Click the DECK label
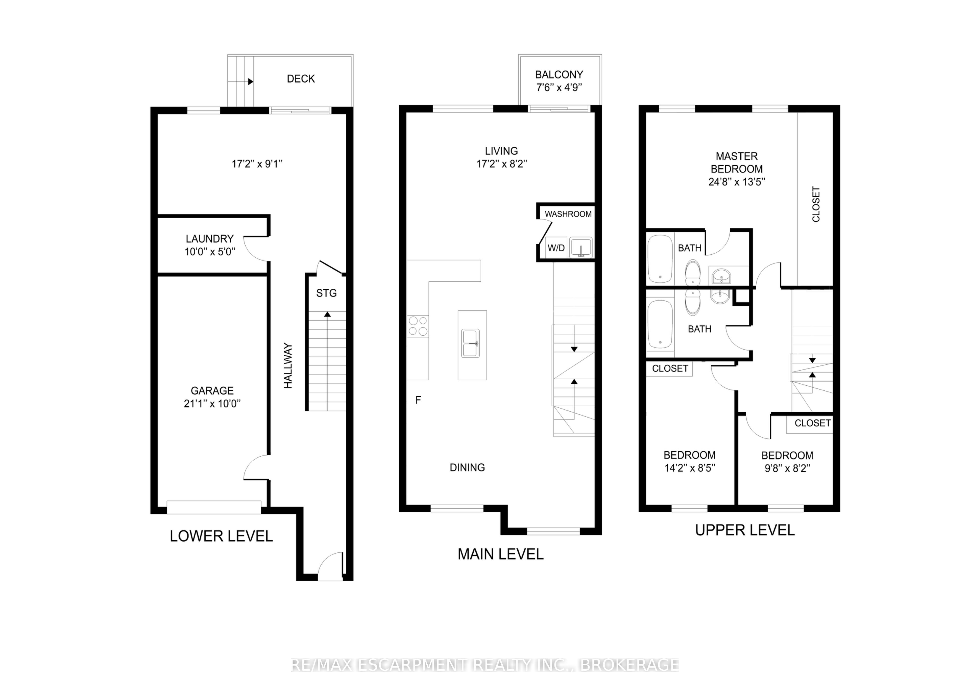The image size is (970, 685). (x=301, y=79)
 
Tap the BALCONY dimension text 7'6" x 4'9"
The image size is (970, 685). (x=559, y=88)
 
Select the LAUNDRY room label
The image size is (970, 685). (x=210, y=239)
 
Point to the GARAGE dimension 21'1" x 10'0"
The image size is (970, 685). (x=212, y=404)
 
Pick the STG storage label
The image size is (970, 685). (x=327, y=293)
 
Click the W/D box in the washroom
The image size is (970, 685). (x=556, y=248)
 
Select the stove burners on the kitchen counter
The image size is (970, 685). (x=418, y=326)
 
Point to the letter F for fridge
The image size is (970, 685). (x=418, y=400)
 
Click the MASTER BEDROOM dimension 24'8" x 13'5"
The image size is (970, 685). (x=737, y=182)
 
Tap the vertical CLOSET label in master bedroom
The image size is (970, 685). (x=816, y=204)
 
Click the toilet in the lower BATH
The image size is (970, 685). (x=693, y=302)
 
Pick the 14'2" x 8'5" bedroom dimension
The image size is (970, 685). (x=690, y=468)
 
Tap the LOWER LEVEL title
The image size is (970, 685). (x=221, y=536)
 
